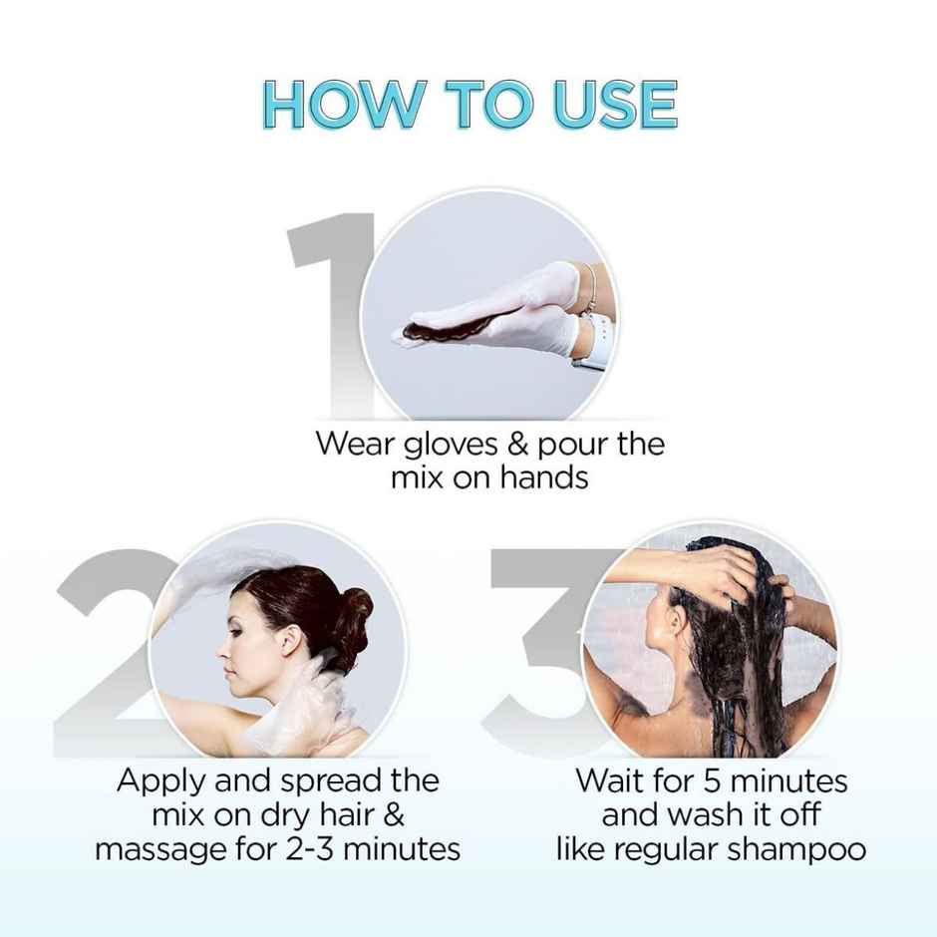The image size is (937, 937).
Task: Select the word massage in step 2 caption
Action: [x=159, y=849]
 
